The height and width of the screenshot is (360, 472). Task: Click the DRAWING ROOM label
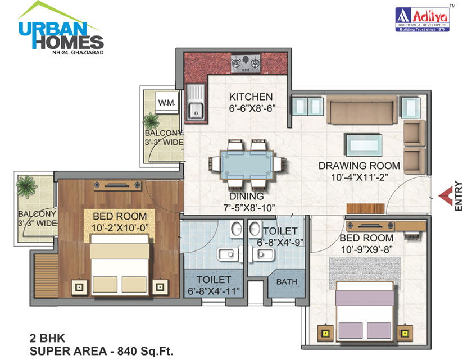(359, 166)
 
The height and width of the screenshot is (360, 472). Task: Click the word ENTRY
(459, 196)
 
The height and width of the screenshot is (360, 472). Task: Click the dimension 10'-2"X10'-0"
(119, 227)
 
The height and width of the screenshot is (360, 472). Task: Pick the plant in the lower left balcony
(25, 185)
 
